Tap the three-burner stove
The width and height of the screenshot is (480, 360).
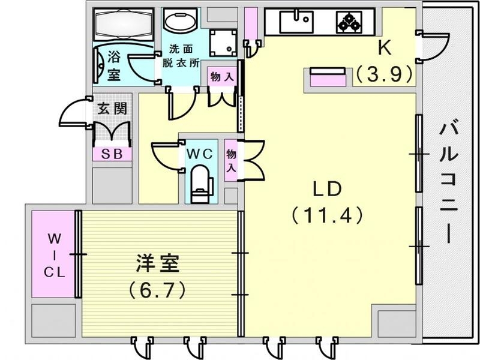[349, 22]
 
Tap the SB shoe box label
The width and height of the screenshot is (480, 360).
[112, 154]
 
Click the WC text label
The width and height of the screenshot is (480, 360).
[199, 153]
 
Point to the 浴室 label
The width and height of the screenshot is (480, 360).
[114, 66]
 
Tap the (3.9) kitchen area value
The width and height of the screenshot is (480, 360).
[384, 74]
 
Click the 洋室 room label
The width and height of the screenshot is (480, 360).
[158, 264]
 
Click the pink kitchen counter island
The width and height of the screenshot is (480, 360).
[328, 78]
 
